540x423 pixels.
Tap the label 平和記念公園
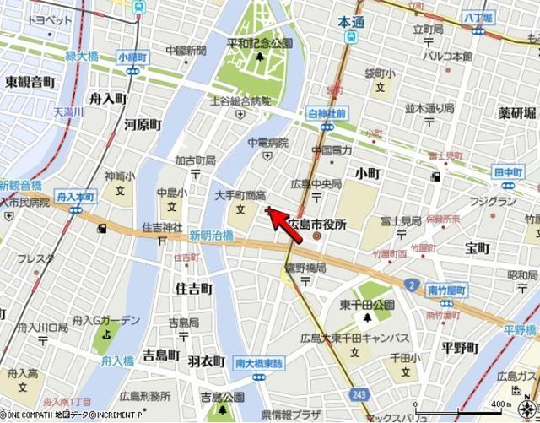point(259,42)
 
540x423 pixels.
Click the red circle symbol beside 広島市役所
point(317,236)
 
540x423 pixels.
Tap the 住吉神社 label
point(163,227)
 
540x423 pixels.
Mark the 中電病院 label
point(267,143)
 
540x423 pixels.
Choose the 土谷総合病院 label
point(240,102)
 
